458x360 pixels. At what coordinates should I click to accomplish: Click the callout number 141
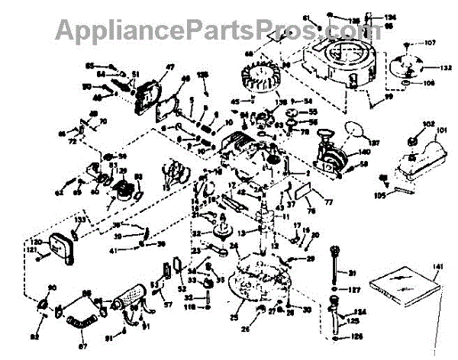coord(436,266)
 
